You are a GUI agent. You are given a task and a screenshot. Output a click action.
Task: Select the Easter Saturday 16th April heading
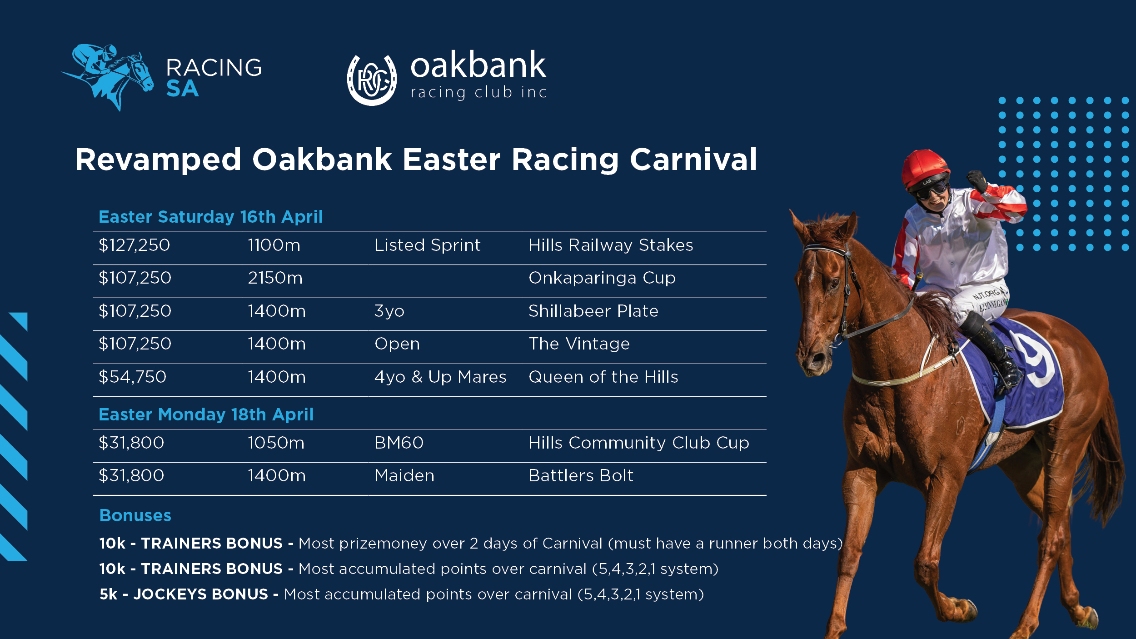coord(210,217)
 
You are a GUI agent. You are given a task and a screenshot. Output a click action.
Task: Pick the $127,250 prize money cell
coord(134,245)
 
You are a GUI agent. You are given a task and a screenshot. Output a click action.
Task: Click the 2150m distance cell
coord(275,278)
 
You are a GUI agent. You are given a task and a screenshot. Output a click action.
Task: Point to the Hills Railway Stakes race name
coord(610,245)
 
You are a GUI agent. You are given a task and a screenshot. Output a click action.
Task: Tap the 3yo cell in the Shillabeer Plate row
coord(389,311)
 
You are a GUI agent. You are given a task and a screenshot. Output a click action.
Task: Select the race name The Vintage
coord(579,344)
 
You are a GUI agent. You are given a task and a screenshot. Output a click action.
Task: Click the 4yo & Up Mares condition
coord(440,377)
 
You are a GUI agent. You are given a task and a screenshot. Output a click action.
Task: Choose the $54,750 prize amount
coord(132,377)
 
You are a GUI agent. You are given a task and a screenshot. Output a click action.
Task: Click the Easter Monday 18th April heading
coord(206,414)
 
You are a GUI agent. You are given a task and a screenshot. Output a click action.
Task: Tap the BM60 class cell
coord(399,443)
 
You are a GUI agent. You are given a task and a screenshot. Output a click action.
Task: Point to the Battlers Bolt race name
coord(580,476)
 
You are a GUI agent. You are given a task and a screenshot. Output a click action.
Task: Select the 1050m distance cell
coord(276,443)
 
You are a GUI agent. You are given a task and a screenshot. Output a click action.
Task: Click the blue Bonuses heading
coord(135,515)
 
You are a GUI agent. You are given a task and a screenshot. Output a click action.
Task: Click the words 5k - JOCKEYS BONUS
coord(184,594)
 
